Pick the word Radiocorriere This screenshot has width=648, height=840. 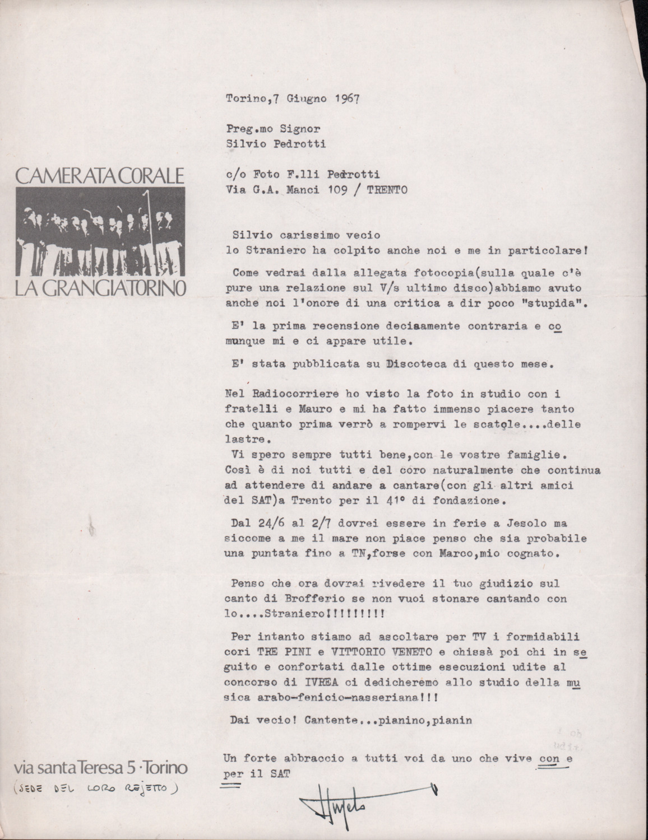point(278,392)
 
